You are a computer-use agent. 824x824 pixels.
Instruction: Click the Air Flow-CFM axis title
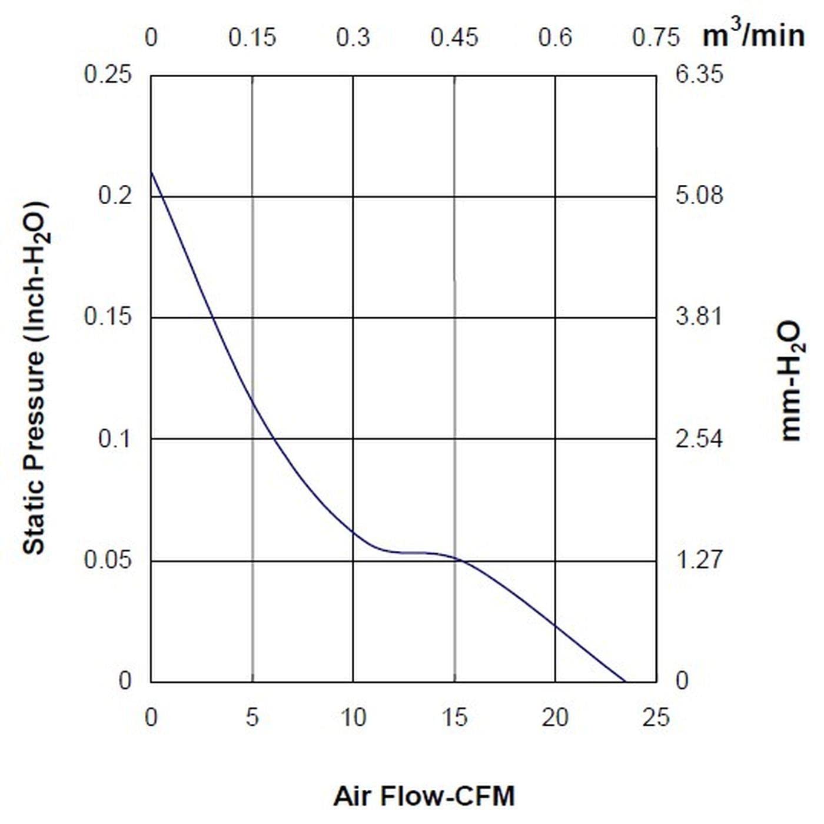(424, 796)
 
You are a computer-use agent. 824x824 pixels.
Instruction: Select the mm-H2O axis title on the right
(792, 380)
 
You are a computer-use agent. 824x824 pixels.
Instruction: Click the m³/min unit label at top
(753, 36)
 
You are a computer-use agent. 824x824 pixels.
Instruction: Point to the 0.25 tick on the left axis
(108, 75)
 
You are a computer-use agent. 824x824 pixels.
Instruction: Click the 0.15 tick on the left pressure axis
(108, 317)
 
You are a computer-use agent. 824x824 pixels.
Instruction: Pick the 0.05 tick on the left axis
(108, 560)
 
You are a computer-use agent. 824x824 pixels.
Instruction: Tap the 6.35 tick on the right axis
(699, 75)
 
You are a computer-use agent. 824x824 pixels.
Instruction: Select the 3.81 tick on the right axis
(699, 317)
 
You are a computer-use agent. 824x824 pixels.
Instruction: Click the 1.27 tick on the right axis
(699, 560)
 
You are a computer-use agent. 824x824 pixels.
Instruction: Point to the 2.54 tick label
(699, 438)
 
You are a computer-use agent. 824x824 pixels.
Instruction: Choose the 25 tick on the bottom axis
(656, 717)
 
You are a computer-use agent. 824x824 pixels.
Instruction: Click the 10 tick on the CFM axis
(353, 717)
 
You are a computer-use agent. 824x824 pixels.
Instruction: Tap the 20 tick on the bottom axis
(555, 717)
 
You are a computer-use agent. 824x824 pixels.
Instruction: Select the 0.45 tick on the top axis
(454, 38)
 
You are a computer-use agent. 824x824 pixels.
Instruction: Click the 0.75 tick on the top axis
(656, 38)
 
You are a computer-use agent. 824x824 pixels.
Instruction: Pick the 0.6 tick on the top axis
(555, 38)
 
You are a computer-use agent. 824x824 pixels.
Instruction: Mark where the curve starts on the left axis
(151, 171)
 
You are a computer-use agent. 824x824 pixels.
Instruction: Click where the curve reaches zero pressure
(625, 682)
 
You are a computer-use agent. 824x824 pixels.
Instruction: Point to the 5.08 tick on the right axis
(699, 195)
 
